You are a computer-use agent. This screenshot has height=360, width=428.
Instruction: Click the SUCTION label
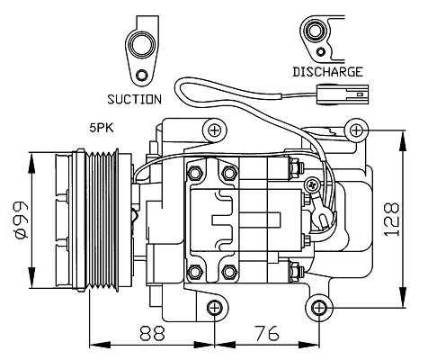pos(134,99)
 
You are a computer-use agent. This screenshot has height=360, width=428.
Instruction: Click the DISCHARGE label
pos(328,72)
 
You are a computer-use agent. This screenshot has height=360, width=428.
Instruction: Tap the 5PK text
pos(102,128)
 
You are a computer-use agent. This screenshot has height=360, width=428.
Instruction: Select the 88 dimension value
pos(153,333)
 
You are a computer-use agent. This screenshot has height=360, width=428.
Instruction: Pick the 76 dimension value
pos(266,333)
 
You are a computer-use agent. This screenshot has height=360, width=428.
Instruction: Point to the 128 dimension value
pos(392,220)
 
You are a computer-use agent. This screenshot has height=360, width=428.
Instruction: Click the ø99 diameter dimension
pos(21,220)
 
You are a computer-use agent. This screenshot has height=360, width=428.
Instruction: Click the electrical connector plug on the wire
pos(343,94)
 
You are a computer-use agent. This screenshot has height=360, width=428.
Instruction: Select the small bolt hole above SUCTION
pos(141,76)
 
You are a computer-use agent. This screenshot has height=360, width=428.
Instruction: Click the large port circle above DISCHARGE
pos(315,31)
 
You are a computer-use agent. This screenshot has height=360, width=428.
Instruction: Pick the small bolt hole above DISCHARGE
pos(321,51)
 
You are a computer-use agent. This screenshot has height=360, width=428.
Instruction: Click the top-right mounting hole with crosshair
pos(356,130)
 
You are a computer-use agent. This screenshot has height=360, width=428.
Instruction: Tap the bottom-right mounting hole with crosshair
pos(318,308)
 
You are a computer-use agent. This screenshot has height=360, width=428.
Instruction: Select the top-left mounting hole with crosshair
pos(214,130)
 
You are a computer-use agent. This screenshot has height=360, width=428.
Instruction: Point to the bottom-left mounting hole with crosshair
pos(215,308)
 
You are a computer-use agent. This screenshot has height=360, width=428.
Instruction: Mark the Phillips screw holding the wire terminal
pos(313,184)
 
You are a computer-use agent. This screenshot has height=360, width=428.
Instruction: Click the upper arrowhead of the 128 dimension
pos(403,140)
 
